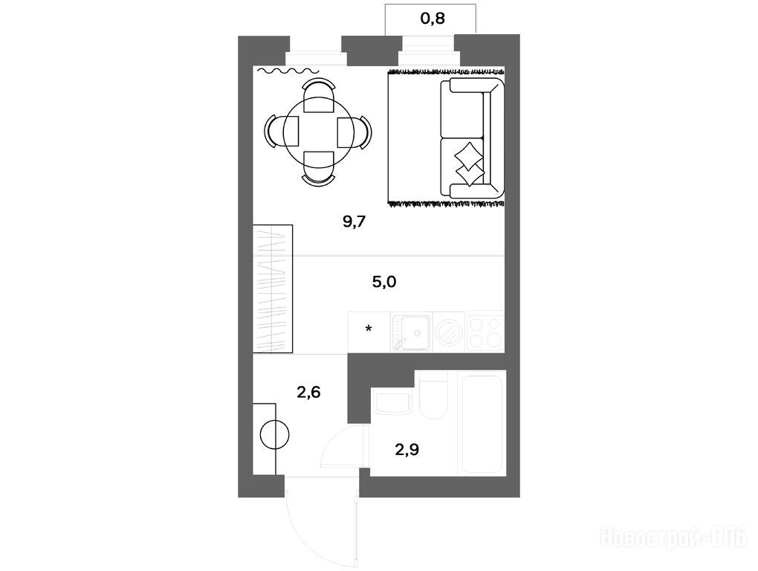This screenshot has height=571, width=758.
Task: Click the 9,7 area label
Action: [x=354, y=222]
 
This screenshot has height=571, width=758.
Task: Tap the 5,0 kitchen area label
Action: [x=384, y=281]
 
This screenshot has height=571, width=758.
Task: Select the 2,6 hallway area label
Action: [x=308, y=392]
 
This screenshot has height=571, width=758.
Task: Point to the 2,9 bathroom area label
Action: [x=407, y=450]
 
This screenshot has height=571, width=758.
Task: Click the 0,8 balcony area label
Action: [x=433, y=19]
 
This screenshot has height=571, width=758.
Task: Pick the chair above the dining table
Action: [x=318, y=96]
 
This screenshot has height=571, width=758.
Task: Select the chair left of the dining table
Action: [x=282, y=132]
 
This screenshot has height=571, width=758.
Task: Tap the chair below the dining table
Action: [x=318, y=168]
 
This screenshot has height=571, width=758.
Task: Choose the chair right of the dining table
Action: [x=354, y=132]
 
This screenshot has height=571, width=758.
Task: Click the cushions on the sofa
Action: [x=469, y=164]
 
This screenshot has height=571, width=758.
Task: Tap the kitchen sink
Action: [x=412, y=332]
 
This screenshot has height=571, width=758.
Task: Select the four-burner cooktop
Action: [x=485, y=332]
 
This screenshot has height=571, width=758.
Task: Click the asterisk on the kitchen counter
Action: [x=369, y=329]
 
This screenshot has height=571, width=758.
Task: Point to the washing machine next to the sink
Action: [x=450, y=332]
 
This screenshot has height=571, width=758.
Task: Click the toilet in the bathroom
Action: [x=434, y=396]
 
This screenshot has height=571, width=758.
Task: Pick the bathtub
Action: [x=482, y=423]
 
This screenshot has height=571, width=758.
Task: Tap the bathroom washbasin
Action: [x=392, y=403]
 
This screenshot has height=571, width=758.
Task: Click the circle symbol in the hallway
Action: [x=274, y=435]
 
